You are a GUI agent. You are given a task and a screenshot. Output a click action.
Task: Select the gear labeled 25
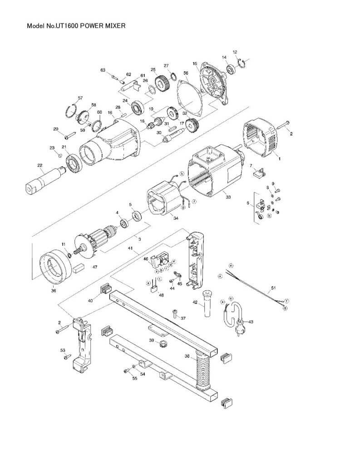tap(162, 84)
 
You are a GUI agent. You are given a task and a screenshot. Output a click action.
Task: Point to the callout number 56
tap(186, 73)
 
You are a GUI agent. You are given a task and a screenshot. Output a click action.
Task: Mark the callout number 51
tap(273, 287)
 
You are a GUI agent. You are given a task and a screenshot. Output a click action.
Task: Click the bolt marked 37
tap(175, 312)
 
